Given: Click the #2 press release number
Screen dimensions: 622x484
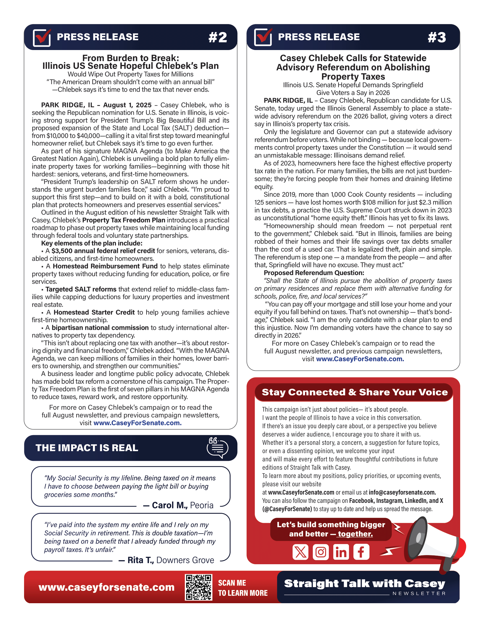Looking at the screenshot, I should point(218,37).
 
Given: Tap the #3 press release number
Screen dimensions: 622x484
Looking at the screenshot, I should point(437,37).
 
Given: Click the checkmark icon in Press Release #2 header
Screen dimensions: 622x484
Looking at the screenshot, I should point(42,37).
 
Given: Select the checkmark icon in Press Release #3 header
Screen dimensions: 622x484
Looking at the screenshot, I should point(263,37).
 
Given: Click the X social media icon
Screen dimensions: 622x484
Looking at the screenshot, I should point(300,552).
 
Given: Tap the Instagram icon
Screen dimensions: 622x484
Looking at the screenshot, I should point(321,552).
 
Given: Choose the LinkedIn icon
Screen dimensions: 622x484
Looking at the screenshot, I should point(341,552).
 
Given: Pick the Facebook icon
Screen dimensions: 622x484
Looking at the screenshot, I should point(361,552).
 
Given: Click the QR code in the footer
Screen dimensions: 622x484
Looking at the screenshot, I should point(199,587).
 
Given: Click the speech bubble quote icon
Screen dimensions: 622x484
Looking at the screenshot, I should point(217,448).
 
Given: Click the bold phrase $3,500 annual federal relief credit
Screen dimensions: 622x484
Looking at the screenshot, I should point(103,251).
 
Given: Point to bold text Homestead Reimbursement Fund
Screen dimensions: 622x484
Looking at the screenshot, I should point(105,266).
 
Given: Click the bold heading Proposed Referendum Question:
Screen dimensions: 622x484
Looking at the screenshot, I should point(314,273).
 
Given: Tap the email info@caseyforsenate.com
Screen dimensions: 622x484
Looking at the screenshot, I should point(402,492).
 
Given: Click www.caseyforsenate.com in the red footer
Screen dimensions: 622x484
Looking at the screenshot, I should point(106,587).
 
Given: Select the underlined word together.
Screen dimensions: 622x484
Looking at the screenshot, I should point(355,534).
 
